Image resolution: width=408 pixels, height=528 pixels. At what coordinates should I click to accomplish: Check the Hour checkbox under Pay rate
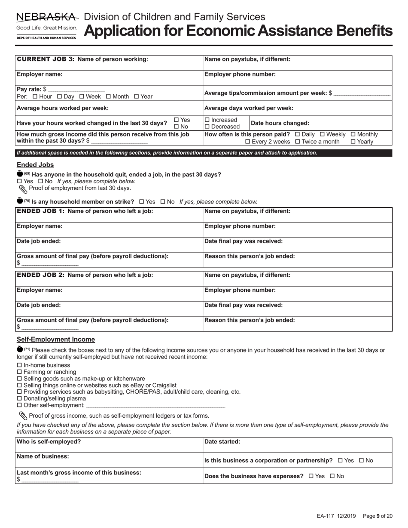(35, 97)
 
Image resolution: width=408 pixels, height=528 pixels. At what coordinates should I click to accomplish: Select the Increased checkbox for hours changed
(207, 120)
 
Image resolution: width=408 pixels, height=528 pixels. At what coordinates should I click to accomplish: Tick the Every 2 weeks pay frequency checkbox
(247, 142)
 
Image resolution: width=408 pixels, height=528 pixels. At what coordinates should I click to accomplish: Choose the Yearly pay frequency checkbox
(353, 142)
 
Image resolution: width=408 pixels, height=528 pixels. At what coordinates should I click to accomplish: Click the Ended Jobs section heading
(35, 165)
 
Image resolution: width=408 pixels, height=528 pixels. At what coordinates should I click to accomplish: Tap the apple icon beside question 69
(20, 174)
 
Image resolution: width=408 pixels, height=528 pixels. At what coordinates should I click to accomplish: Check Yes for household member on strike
(142, 202)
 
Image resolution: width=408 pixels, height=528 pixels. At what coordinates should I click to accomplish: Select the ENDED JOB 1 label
(41, 211)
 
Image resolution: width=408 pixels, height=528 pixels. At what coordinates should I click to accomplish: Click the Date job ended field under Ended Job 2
(109, 309)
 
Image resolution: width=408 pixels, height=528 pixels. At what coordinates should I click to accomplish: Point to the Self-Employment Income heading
(56, 339)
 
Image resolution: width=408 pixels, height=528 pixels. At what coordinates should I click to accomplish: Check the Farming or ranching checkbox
(19, 372)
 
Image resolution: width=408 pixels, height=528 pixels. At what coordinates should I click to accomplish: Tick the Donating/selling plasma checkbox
(19, 398)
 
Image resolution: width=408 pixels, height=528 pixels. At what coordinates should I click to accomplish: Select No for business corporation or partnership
(362, 461)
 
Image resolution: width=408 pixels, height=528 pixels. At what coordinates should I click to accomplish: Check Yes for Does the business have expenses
(311, 476)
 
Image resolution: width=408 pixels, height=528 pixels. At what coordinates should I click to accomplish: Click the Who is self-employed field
(109, 445)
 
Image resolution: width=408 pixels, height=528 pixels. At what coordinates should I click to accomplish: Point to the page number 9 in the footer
(378, 516)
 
